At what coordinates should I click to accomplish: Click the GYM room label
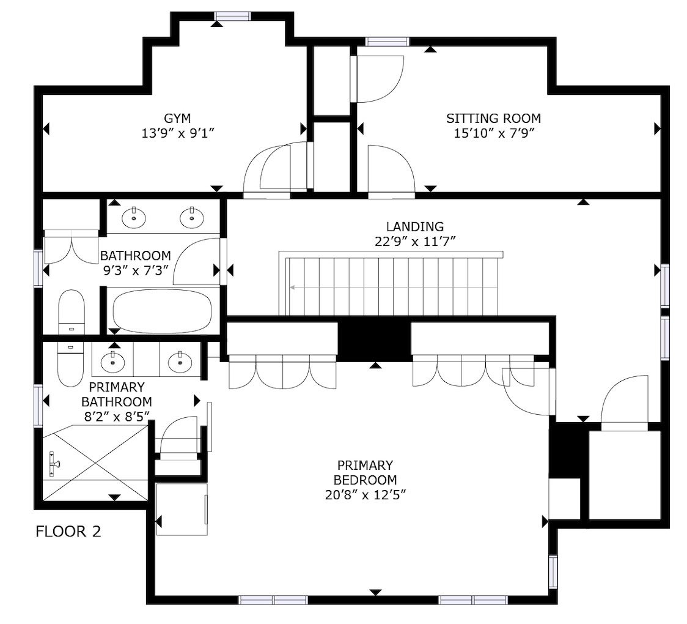(177, 119)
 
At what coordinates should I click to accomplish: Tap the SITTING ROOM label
(493, 119)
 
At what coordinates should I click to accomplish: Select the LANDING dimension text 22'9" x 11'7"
(415, 241)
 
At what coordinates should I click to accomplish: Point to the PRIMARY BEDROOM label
(365, 472)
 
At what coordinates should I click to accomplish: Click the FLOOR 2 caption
(68, 532)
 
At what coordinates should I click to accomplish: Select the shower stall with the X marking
(95, 463)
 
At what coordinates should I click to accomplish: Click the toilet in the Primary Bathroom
(70, 364)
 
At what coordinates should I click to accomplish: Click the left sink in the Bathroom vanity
(134, 217)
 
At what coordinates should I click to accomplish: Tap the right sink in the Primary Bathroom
(180, 362)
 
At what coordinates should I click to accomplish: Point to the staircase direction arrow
(394, 288)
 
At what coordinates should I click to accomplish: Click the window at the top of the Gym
(232, 17)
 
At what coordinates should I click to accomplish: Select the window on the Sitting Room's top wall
(388, 42)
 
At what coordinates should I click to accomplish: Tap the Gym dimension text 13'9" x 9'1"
(177, 133)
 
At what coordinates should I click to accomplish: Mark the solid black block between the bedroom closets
(374, 338)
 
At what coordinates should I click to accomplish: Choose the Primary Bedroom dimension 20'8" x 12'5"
(366, 495)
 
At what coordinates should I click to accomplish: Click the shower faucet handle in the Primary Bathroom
(53, 464)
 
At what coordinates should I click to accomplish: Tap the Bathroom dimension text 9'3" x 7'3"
(136, 270)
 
